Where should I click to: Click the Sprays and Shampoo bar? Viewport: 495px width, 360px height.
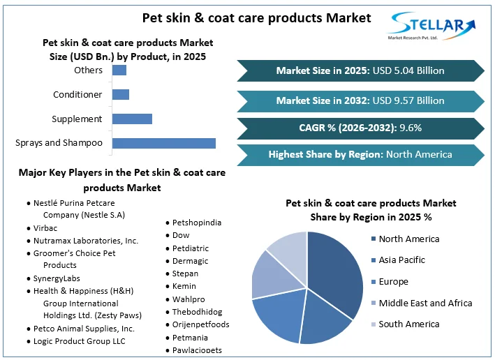[163, 143]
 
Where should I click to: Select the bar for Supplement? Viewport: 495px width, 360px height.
[132, 119]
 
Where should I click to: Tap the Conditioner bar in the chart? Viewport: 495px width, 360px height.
[120, 94]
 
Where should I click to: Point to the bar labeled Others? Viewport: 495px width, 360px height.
[119, 70]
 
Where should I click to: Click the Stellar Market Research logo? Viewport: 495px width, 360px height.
[431, 27]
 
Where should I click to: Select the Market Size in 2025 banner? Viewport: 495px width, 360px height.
[360, 70]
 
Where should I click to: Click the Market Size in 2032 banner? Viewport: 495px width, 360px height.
[360, 100]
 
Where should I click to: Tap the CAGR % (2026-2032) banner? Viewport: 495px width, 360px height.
[360, 128]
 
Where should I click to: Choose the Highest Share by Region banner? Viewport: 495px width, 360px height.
[360, 154]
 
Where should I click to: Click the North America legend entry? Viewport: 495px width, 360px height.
[408, 239]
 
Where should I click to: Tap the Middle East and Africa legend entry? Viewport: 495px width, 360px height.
[424, 303]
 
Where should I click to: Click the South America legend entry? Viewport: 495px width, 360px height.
[408, 324]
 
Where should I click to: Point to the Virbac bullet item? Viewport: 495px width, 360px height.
[45, 228]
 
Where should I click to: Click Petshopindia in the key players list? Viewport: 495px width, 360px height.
[197, 223]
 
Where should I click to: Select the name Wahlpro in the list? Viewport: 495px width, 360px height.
[189, 299]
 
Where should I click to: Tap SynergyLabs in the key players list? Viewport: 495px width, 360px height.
[57, 278]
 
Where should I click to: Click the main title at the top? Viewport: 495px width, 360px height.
[256, 17]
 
